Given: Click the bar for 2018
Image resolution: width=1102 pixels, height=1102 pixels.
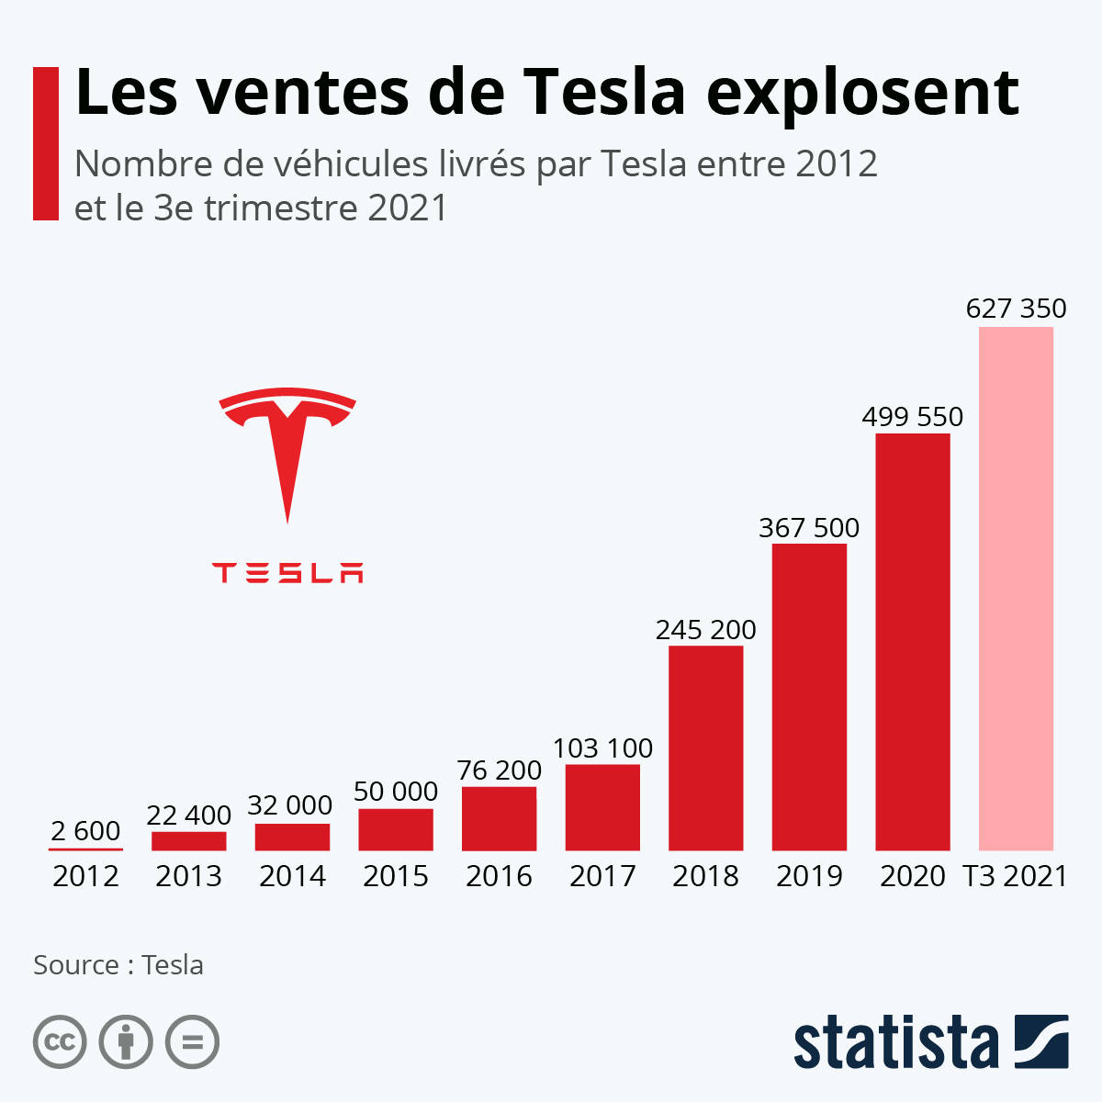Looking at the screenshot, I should (x=705, y=748).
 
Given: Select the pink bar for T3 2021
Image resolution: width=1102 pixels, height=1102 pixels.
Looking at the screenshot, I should (x=1016, y=588).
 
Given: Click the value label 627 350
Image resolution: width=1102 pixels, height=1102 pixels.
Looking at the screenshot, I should (x=1016, y=309).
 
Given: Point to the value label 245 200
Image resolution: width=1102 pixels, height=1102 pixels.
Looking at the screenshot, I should (x=705, y=630).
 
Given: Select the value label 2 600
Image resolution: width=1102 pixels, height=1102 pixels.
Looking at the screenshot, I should (x=85, y=831).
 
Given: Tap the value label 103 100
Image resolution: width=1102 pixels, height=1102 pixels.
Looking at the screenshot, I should (x=602, y=748).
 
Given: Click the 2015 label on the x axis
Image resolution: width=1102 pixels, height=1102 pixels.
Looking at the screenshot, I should (x=395, y=876).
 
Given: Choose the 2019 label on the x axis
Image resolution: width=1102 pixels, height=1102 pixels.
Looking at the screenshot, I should (x=809, y=876).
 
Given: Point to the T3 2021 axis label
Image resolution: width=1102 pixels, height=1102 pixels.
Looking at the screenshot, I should (x=1016, y=876).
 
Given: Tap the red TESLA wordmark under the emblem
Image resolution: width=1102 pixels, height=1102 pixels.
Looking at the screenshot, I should (x=287, y=573).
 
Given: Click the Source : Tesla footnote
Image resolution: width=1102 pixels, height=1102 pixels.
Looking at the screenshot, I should (x=118, y=965).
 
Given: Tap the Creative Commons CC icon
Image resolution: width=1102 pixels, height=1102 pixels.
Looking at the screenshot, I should (x=60, y=1042).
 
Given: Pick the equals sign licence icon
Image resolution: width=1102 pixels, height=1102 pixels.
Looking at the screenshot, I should (x=192, y=1042).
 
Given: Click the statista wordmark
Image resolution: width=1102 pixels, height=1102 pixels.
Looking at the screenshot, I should (x=895, y=1042).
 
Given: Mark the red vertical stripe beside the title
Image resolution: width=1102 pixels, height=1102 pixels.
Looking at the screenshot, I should (x=46, y=143).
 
